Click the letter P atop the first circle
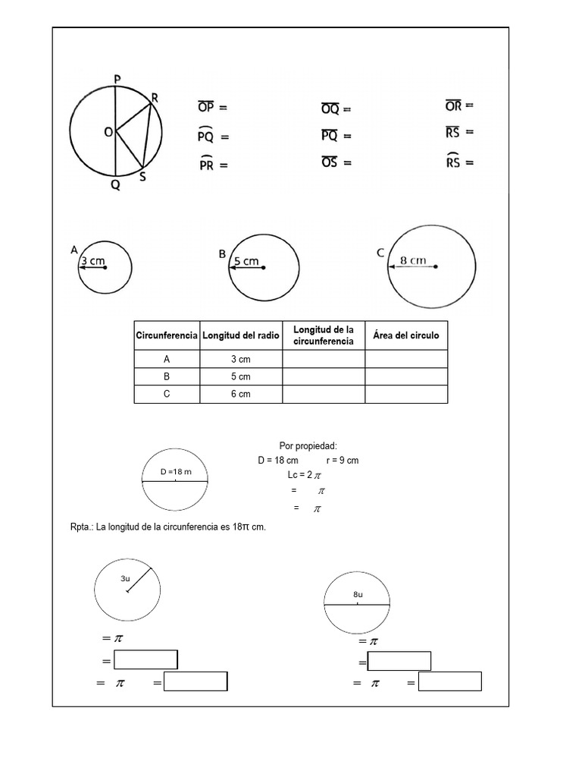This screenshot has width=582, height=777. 116,78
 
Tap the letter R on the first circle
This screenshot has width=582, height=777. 155,97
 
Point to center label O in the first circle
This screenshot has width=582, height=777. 108,133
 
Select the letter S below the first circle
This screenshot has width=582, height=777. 142,176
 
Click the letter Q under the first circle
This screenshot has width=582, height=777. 115,184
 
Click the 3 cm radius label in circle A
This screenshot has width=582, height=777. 92,260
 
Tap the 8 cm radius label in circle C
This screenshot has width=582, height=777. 413,260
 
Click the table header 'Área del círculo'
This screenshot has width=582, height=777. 406,335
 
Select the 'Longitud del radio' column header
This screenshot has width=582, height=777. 241,335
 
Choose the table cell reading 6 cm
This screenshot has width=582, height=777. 241,394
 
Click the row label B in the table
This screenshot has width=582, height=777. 167,376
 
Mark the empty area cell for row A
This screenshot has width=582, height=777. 406,359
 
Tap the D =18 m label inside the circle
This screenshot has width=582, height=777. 176,472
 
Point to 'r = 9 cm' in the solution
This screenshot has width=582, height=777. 343,461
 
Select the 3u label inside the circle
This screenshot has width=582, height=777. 126,578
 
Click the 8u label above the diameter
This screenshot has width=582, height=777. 358,595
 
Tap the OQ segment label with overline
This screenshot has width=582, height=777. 330,109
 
